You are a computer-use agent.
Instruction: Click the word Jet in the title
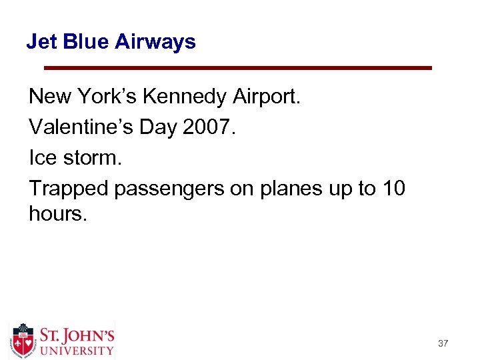[x=39, y=42]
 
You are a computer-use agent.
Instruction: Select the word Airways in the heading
[x=155, y=42]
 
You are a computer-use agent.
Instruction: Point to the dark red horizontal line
[x=237, y=68]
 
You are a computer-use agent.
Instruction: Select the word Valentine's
[x=80, y=127]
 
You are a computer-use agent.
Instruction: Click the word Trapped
[x=69, y=189]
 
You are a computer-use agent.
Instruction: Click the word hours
[x=57, y=214]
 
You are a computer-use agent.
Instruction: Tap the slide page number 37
[x=443, y=343]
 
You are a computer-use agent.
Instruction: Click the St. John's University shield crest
[x=23, y=340]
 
